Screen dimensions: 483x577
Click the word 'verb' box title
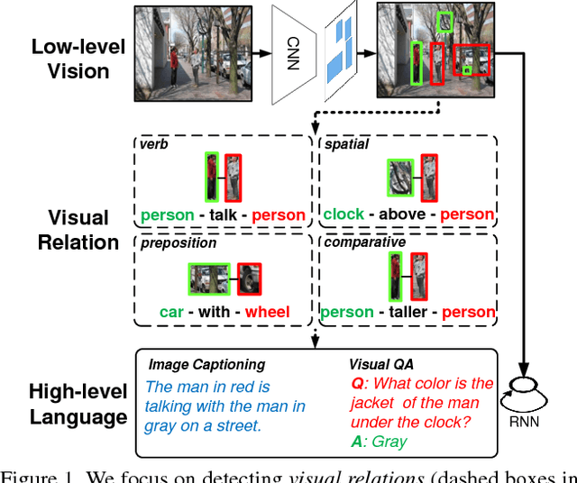[154, 144]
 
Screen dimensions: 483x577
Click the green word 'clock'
[343, 214]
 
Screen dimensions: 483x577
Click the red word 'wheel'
[267, 313]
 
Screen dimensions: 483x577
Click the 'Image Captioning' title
[206, 365]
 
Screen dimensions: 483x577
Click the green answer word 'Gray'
[389, 442]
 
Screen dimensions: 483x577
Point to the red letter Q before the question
[356, 383]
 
